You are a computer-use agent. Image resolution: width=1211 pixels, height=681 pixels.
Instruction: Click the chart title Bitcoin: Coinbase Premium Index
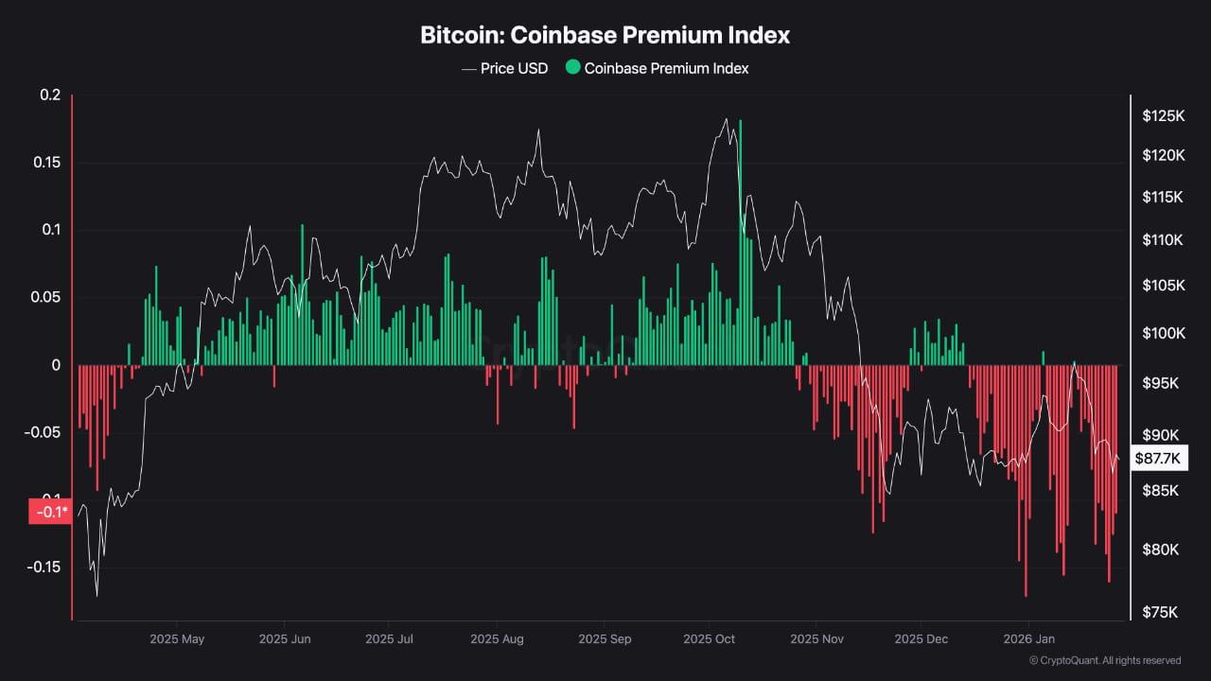coord(605,36)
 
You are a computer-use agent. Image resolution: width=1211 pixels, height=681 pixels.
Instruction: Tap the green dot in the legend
coord(572,68)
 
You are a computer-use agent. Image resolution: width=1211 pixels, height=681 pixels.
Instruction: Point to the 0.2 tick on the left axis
coord(50,96)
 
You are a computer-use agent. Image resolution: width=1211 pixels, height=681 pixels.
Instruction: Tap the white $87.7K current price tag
coord(1158,459)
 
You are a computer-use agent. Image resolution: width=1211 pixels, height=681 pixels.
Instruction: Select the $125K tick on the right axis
coord(1163,116)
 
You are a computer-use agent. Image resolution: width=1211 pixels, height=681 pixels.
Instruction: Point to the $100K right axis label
coord(1163,333)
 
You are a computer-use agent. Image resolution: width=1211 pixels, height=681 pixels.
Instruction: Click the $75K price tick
coord(1160,613)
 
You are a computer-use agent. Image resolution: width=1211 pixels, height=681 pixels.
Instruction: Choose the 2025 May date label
coord(177,639)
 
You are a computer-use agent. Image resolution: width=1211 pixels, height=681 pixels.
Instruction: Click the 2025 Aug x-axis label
coord(497,639)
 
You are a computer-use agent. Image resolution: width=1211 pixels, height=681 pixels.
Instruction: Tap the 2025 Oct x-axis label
coord(710,639)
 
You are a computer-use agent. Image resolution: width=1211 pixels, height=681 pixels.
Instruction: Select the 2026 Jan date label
coord(1028,639)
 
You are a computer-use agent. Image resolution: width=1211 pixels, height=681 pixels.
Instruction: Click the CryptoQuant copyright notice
coord(1104,660)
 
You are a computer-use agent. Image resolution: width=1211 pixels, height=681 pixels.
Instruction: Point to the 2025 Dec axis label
coord(921,639)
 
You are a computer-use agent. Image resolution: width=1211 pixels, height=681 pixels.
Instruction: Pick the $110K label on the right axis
coord(1163,240)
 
